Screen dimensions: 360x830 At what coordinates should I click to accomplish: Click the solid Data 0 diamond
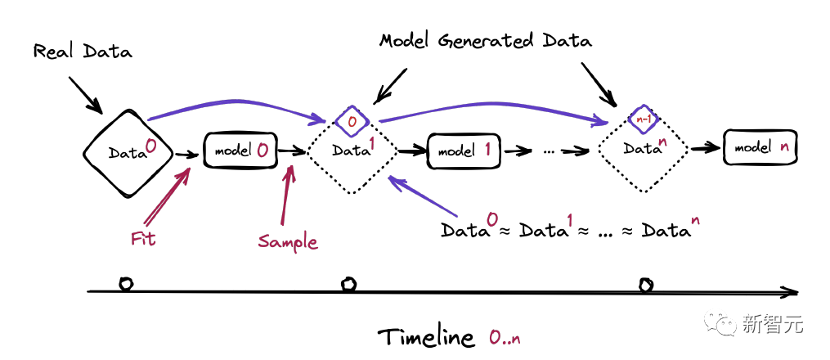point(127,152)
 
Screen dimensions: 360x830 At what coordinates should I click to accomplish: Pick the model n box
point(760,148)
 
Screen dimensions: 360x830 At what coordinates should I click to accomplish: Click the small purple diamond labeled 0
point(352,120)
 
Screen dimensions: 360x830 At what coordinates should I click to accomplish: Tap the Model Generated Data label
point(486,40)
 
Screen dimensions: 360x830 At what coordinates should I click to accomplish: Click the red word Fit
point(144,239)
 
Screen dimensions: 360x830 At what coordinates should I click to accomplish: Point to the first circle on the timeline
point(125,284)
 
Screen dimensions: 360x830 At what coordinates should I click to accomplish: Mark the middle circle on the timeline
point(349,284)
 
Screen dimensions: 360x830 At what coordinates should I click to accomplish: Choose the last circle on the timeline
point(646,285)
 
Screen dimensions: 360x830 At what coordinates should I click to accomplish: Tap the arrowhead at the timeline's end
point(791,291)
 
